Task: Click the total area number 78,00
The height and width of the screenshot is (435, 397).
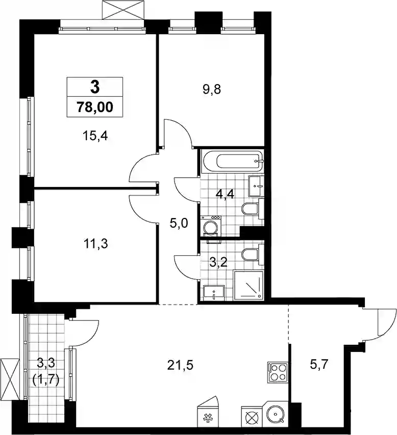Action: [x=95, y=107]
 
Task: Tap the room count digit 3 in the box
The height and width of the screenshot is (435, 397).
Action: [x=95, y=87]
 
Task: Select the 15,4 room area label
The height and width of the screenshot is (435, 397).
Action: [x=95, y=135]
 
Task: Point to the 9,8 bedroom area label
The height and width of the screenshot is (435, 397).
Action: [x=212, y=90]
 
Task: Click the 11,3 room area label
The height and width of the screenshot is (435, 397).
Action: [x=95, y=244]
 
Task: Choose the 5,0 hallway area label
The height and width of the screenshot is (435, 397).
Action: [x=179, y=223]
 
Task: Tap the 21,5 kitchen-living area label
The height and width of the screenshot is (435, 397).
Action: [x=180, y=366]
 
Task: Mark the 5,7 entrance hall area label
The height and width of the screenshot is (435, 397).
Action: [x=319, y=364]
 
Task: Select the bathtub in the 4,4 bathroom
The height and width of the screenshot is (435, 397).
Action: [x=232, y=161]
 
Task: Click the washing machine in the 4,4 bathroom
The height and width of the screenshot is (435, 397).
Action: [x=210, y=226]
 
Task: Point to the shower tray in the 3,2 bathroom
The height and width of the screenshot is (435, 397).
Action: [x=248, y=285]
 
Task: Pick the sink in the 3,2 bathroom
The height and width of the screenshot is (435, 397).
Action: [x=213, y=293]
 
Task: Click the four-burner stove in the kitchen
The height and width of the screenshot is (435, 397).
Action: [x=278, y=372]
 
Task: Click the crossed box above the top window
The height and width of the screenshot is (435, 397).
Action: [x=123, y=10]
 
